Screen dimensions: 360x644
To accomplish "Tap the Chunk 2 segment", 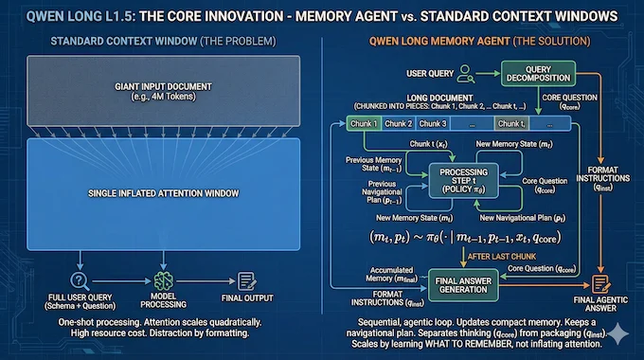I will [398, 123].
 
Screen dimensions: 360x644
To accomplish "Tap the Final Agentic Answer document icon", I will [599, 282].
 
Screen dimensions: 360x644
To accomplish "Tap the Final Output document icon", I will [249, 280].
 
